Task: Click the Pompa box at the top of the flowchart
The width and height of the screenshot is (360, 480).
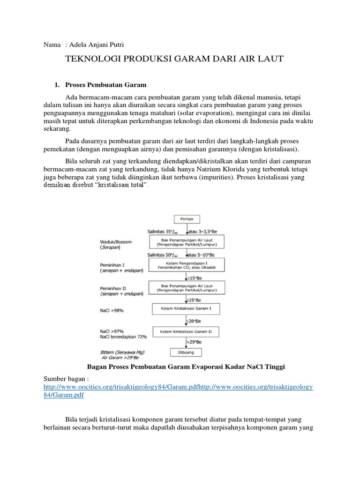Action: point(187,219)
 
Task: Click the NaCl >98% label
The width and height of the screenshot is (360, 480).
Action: point(112,310)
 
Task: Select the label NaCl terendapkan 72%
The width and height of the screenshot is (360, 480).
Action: point(123,336)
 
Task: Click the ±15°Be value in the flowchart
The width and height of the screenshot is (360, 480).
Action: point(195,277)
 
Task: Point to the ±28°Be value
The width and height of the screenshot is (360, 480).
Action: point(194,321)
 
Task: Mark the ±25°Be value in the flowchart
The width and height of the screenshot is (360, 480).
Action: point(194,299)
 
